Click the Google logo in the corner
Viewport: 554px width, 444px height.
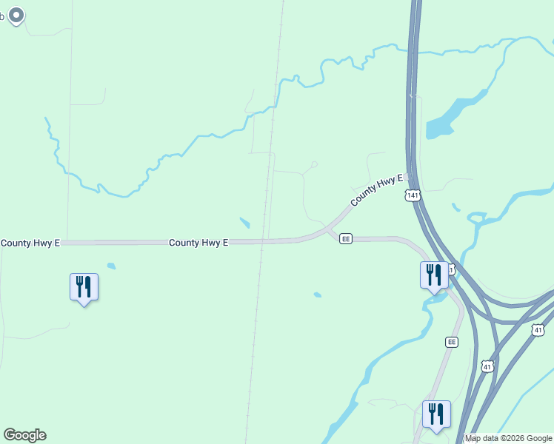[x=24, y=435]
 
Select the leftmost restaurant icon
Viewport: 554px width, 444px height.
[x=84, y=287]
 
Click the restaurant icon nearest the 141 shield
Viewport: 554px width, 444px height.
[x=434, y=275]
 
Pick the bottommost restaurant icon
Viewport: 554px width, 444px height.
[x=436, y=414]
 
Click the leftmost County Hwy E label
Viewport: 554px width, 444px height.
[x=30, y=243]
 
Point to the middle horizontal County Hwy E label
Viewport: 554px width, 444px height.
[x=198, y=242]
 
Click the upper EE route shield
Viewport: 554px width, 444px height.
[x=345, y=238]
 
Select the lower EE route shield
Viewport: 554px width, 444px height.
[x=452, y=342]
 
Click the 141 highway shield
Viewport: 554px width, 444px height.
[x=413, y=195]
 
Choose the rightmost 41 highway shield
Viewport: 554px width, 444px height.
[x=538, y=329]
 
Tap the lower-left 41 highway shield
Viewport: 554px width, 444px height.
[x=487, y=366]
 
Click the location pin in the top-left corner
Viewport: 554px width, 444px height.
[x=16, y=15]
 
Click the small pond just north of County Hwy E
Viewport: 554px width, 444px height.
[x=245, y=222]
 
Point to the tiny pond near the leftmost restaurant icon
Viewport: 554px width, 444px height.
[x=111, y=266]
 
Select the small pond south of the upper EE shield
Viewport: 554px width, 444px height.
[x=317, y=295]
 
